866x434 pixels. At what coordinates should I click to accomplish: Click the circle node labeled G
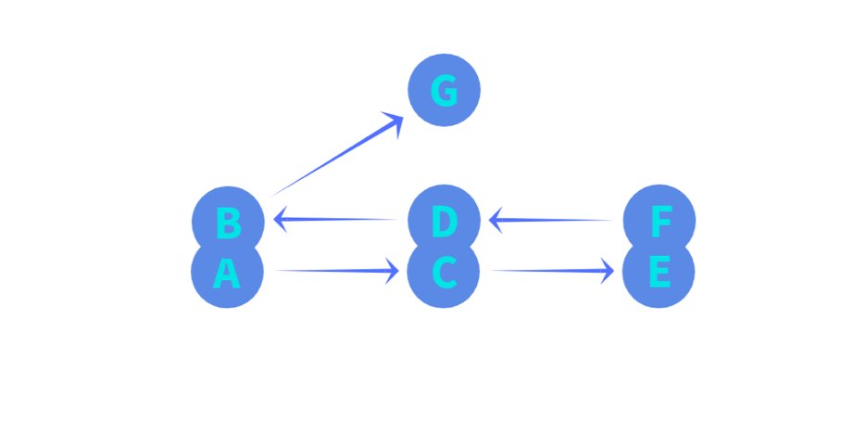click(445, 91)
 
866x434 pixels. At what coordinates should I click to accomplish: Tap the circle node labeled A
click(228, 275)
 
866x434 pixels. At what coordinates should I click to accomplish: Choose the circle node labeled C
click(445, 275)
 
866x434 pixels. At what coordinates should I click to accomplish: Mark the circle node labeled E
click(659, 275)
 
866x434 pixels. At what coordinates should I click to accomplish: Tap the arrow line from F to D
click(556, 220)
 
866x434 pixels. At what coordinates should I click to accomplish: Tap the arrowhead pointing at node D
click(496, 221)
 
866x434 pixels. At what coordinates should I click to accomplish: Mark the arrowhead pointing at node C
click(393, 271)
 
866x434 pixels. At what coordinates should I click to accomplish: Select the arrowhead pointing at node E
click(608, 271)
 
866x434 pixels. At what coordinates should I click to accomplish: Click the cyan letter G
click(445, 91)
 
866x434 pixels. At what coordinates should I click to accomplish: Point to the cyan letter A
click(227, 274)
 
